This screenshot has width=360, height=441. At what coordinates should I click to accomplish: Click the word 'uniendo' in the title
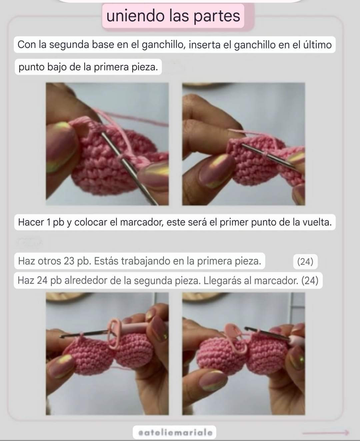pos(135,16)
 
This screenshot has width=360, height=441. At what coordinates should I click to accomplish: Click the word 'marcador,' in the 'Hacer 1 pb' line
pos(142,222)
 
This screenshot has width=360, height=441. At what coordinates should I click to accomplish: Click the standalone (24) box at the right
pos(305,261)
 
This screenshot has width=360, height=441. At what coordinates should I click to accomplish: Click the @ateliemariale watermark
pos(175,432)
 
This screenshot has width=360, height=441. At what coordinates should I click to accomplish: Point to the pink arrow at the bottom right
pos(326,432)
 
